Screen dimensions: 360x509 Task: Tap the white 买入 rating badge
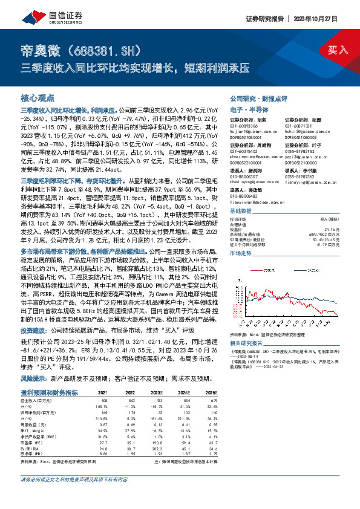coord(338,50)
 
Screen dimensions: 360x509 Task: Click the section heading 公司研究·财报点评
coord(259,98)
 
